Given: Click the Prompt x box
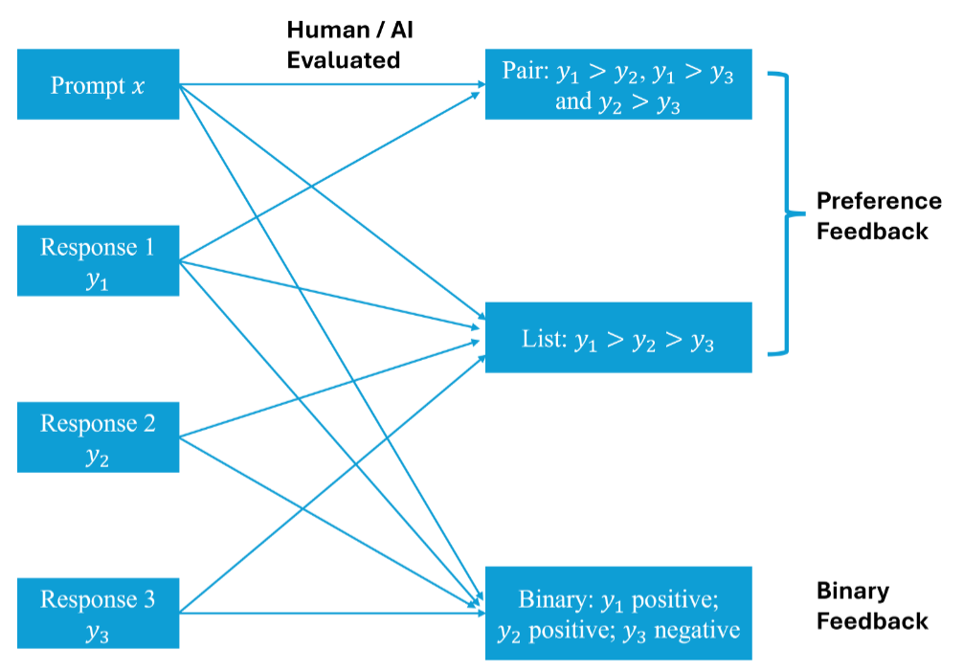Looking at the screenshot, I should click(x=99, y=85).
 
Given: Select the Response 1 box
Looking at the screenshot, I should click(x=99, y=261).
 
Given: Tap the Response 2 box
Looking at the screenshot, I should click(x=99, y=437).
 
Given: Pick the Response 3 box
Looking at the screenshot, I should click(x=99, y=614).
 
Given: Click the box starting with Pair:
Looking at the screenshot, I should click(x=617, y=85).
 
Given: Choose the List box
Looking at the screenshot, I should click(x=617, y=338).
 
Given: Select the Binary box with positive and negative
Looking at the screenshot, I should click(x=617, y=614).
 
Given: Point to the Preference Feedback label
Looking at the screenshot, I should click(x=878, y=215).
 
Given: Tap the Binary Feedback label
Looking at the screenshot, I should click(x=871, y=606).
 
